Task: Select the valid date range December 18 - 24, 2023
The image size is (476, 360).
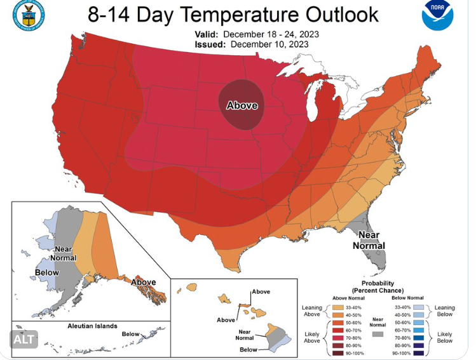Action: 270,34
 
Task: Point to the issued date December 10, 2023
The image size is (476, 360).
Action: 269,44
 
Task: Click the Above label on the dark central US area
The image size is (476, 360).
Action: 242,105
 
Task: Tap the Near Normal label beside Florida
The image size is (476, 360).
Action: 369,239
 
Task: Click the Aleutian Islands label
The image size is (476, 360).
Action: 92,326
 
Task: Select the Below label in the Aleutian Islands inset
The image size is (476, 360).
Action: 130,333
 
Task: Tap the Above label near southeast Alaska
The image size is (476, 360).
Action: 144,282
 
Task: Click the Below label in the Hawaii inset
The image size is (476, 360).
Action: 249,350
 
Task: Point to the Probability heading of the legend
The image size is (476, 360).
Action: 377,283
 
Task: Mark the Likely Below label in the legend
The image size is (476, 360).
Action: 445,337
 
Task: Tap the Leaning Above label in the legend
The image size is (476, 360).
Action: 311,311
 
